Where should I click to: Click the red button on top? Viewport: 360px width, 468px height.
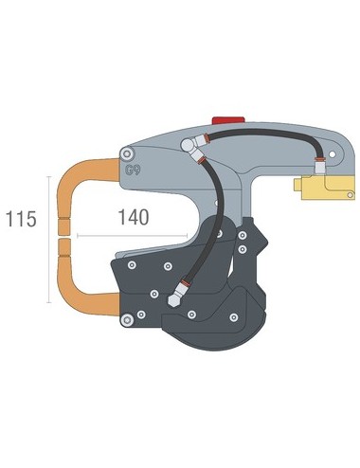228,120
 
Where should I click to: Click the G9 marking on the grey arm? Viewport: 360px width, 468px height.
134,173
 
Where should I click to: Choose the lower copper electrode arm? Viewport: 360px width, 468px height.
81,300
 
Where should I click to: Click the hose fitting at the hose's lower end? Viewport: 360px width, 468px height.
172,295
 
